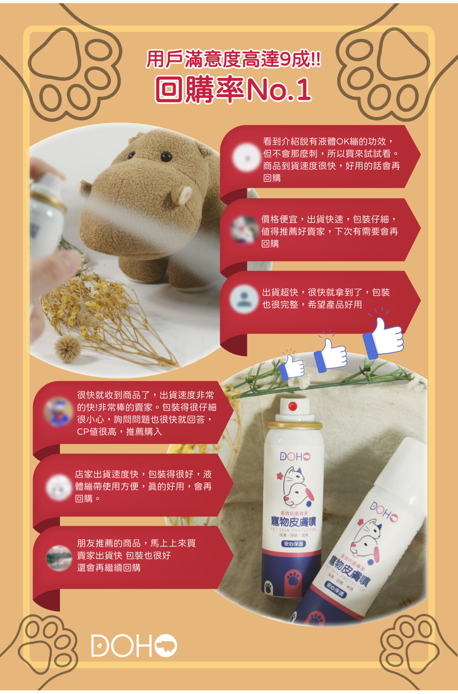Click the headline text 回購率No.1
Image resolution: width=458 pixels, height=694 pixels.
click(x=234, y=89)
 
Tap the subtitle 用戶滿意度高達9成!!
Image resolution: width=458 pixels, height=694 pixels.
click(x=234, y=60)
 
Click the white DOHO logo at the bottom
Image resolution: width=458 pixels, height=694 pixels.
click(x=134, y=646)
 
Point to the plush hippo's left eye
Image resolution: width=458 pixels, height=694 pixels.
click(x=166, y=157)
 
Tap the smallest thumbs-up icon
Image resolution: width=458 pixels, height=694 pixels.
click(x=292, y=367)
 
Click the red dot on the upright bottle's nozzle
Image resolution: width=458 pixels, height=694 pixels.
click(x=293, y=406)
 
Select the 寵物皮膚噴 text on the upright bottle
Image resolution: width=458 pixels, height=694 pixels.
click(x=293, y=521)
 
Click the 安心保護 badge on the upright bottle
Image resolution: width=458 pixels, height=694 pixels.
click(x=293, y=544)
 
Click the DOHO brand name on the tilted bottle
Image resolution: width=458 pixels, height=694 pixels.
click(x=384, y=512)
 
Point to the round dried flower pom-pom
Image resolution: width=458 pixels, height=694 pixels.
click(x=67, y=348)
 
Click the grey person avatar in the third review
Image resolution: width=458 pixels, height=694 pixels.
click(x=244, y=299)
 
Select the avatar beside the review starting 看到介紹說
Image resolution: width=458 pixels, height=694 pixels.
click(x=246, y=158)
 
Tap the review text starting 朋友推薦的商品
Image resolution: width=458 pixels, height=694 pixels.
click(x=136, y=555)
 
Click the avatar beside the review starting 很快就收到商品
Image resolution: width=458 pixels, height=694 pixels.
click(x=58, y=412)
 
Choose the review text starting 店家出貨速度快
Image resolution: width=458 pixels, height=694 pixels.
click(x=143, y=486)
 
